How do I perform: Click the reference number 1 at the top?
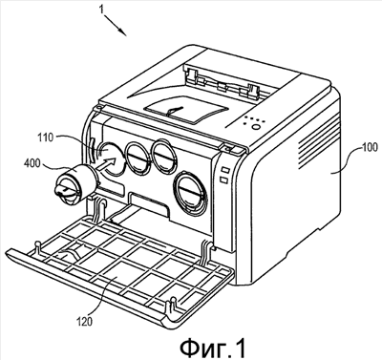(101, 9)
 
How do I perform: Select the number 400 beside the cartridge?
(32, 164)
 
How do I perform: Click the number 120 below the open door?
(85, 321)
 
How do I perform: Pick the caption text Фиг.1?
(213, 348)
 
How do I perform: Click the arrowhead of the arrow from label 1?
(123, 32)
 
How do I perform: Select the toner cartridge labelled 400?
(75, 182)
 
